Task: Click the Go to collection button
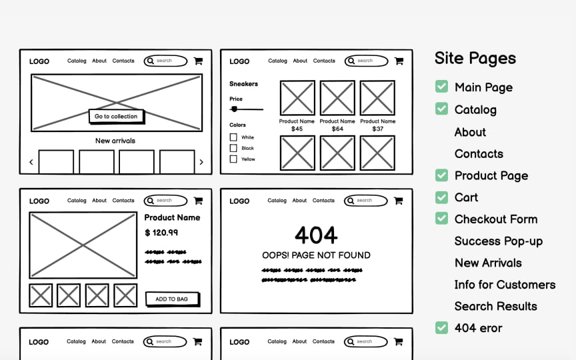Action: [116, 116]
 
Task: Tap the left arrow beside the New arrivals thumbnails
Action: [31, 162]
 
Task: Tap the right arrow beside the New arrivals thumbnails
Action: [201, 162]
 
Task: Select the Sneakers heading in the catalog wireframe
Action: [243, 84]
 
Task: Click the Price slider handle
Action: [234, 109]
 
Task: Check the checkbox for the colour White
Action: [233, 137]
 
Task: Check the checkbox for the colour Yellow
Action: [233, 159]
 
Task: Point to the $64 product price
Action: [337, 129]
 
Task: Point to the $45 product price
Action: [297, 129]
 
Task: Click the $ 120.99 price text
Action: [161, 233]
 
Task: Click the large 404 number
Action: [316, 235]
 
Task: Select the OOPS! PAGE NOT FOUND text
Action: [316, 255]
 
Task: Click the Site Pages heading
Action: [475, 58]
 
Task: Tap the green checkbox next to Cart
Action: [441, 197]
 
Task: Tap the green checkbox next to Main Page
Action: [441, 87]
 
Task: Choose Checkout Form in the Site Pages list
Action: [495, 219]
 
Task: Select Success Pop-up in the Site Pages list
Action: [498, 241]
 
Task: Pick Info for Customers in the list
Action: [505, 285]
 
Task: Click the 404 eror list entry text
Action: [478, 328]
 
